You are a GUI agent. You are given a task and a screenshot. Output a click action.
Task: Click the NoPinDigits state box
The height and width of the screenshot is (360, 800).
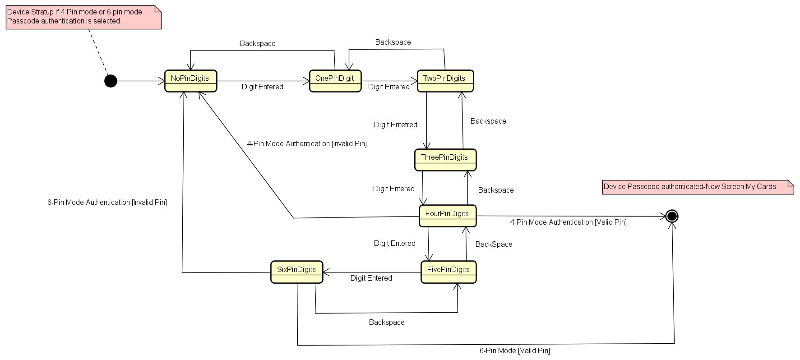pyautogui.click(x=190, y=81)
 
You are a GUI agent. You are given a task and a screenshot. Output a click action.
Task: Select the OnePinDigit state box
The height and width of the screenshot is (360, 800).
pyautogui.click(x=335, y=81)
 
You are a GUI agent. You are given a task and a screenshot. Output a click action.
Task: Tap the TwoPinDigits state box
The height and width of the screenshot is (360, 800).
pyautogui.click(x=445, y=81)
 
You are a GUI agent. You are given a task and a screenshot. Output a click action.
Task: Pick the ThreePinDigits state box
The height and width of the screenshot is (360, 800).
pyautogui.click(x=445, y=160)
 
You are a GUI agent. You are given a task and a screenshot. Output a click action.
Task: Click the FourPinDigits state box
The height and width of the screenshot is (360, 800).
pyautogui.click(x=447, y=216)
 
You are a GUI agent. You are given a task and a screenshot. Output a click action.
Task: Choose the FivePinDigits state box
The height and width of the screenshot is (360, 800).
pyautogui.click(x=448, y=272)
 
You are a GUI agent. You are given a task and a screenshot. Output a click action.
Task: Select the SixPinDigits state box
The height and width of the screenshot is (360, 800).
pyautogui.click(x=296, y=272)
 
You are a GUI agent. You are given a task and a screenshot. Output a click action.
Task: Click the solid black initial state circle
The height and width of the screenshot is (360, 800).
pyautogui.click(x=111, y=81)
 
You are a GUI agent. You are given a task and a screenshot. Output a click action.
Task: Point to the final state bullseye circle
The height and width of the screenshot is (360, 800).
pyautogui.click(x=671, y=216)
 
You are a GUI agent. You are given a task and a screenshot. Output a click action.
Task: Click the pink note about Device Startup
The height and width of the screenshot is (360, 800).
pyautogui.click(x=83, y=17)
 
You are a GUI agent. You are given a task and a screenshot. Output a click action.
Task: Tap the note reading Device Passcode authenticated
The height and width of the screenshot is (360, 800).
pyautogui.click(x=697, y=187)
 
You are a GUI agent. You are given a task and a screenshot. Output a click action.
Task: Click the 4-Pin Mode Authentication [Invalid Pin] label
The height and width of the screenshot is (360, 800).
pyautogui.click(x=306, y=144)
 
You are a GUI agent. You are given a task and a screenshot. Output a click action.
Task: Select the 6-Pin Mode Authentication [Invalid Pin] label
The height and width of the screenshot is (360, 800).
pyautogui.click(x=107, y=203)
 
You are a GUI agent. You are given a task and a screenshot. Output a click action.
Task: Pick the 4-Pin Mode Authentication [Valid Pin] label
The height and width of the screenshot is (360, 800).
pyautogui.click(x=568, y=222)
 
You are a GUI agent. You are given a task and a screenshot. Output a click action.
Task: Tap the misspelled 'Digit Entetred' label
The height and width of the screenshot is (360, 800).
pyautogui.click(x=395, y=125)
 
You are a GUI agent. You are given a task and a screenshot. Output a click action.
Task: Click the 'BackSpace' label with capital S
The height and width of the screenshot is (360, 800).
pyautogui.click(x=494, y=245)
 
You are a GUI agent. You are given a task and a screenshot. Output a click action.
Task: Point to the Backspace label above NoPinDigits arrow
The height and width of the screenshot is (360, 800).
pyautogui.click(x=258, y=44)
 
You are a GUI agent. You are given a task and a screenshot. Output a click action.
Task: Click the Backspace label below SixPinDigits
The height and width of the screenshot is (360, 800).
pyautogui.click(x=386, y=323)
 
